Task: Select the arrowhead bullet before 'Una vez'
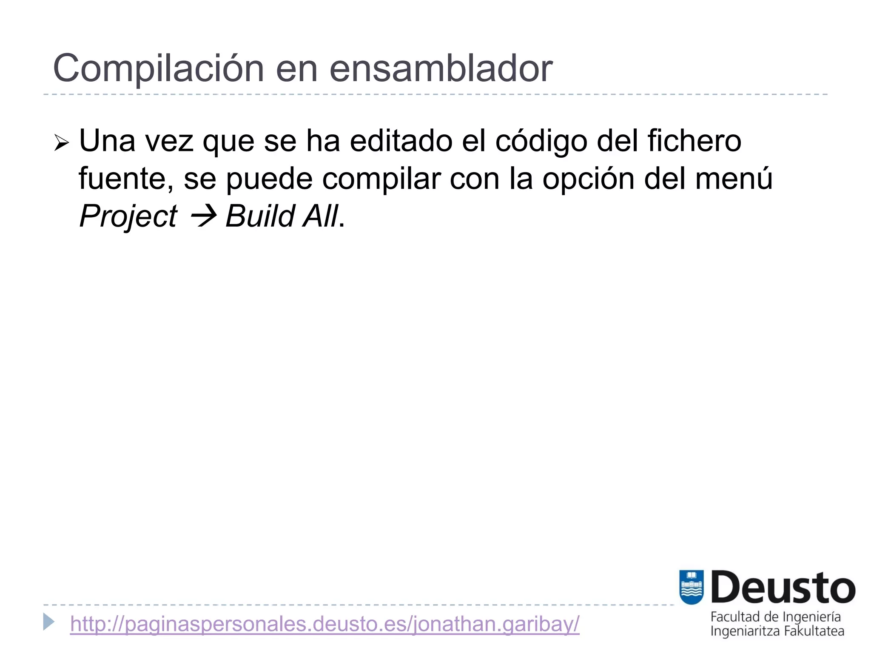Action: tap(61, 143)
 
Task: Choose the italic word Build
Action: tap(260, 216)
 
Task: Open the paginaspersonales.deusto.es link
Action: tap(324, 624)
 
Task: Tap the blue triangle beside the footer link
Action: tap(49, 622)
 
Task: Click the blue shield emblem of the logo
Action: tap(692, 587)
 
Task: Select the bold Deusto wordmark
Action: tap(783, 588)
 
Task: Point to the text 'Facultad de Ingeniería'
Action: tap(775, 617)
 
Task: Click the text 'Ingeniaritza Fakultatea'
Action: tap(777, 631)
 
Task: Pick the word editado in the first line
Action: tap(401, 141)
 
